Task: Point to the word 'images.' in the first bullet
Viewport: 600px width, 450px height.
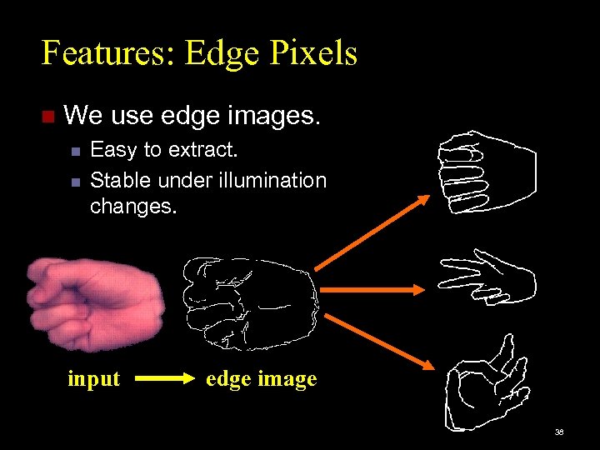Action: pos(277,115)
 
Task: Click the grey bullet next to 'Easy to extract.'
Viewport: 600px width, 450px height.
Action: pos(75,152)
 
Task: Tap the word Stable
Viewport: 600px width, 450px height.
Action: pos(121,180)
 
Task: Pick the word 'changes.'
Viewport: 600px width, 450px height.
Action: pos(133,206)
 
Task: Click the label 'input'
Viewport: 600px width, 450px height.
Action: pos(93,379)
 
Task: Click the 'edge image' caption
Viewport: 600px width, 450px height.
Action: pos(262,379)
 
